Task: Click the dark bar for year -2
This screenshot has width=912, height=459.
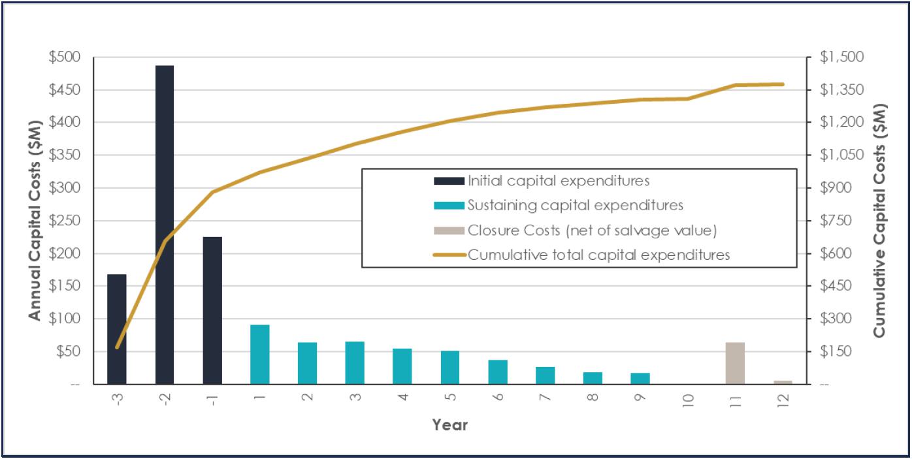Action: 165,225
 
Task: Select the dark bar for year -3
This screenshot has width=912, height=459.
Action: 117,329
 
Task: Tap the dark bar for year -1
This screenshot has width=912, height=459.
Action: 212,311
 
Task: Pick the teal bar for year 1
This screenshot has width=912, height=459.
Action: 260,355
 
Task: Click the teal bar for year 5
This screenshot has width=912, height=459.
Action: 450,368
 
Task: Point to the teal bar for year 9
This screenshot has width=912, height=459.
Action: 640,379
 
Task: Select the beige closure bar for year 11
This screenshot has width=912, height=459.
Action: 735,364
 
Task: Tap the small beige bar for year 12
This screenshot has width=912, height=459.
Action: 783,382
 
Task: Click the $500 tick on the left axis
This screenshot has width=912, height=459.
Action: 65,57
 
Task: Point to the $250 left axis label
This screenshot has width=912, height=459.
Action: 65,221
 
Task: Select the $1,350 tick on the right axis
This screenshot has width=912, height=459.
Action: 841,89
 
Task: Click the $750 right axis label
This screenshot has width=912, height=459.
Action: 836,221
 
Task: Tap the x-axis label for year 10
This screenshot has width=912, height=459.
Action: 688,400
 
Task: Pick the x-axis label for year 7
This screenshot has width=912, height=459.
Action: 545,397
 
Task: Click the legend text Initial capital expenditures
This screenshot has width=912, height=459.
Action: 559,181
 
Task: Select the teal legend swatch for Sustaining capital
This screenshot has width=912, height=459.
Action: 449,206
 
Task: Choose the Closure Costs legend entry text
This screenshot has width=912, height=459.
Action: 592,230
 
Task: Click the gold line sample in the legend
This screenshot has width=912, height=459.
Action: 449,255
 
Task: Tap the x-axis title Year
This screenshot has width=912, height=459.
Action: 450,425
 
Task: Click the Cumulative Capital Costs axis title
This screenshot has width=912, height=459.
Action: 879,221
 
